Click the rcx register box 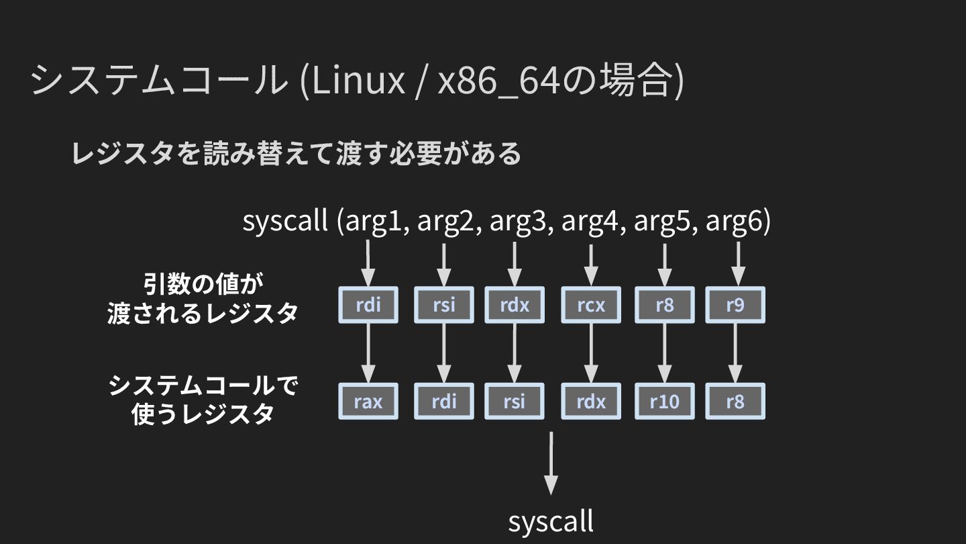[591, 306]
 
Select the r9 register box [735, 306]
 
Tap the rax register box [368, 402]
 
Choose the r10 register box [664, 402]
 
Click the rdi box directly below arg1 [368, 306]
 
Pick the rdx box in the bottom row [591, 402]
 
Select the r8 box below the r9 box [735, 402]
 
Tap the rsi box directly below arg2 [444, 306]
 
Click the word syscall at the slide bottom [551, 521]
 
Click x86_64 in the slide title [498, 81]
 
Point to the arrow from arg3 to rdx [515, 264]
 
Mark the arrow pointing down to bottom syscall [551, 463]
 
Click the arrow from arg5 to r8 [664, 264]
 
